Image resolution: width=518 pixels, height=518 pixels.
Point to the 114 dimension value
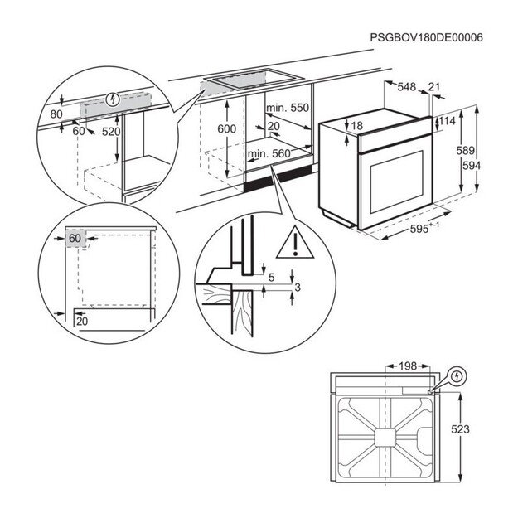coord(447,122)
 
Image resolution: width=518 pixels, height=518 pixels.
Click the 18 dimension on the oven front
coord(357,125)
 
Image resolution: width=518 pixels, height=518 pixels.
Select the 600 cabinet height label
coord(226,128)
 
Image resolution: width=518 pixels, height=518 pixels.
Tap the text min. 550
coord(287,109)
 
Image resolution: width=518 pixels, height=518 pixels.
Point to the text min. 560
coord(269,154)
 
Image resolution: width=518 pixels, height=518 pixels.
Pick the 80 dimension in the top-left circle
coord(56,114)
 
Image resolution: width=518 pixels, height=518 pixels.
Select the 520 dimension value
coord(111,132)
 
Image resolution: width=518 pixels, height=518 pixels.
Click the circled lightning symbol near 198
coord(456,377)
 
